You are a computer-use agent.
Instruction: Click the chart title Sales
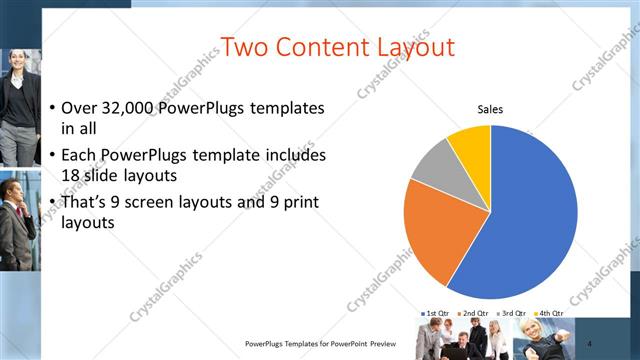pyautogui.click(x=490, y=109)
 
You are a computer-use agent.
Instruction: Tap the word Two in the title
pyautogui.click(x=245, y=46)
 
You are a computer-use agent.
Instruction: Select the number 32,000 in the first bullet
pyautogui.click(x=133, y=107)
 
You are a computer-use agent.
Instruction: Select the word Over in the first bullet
pyautogui.click(x=80, y=107)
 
